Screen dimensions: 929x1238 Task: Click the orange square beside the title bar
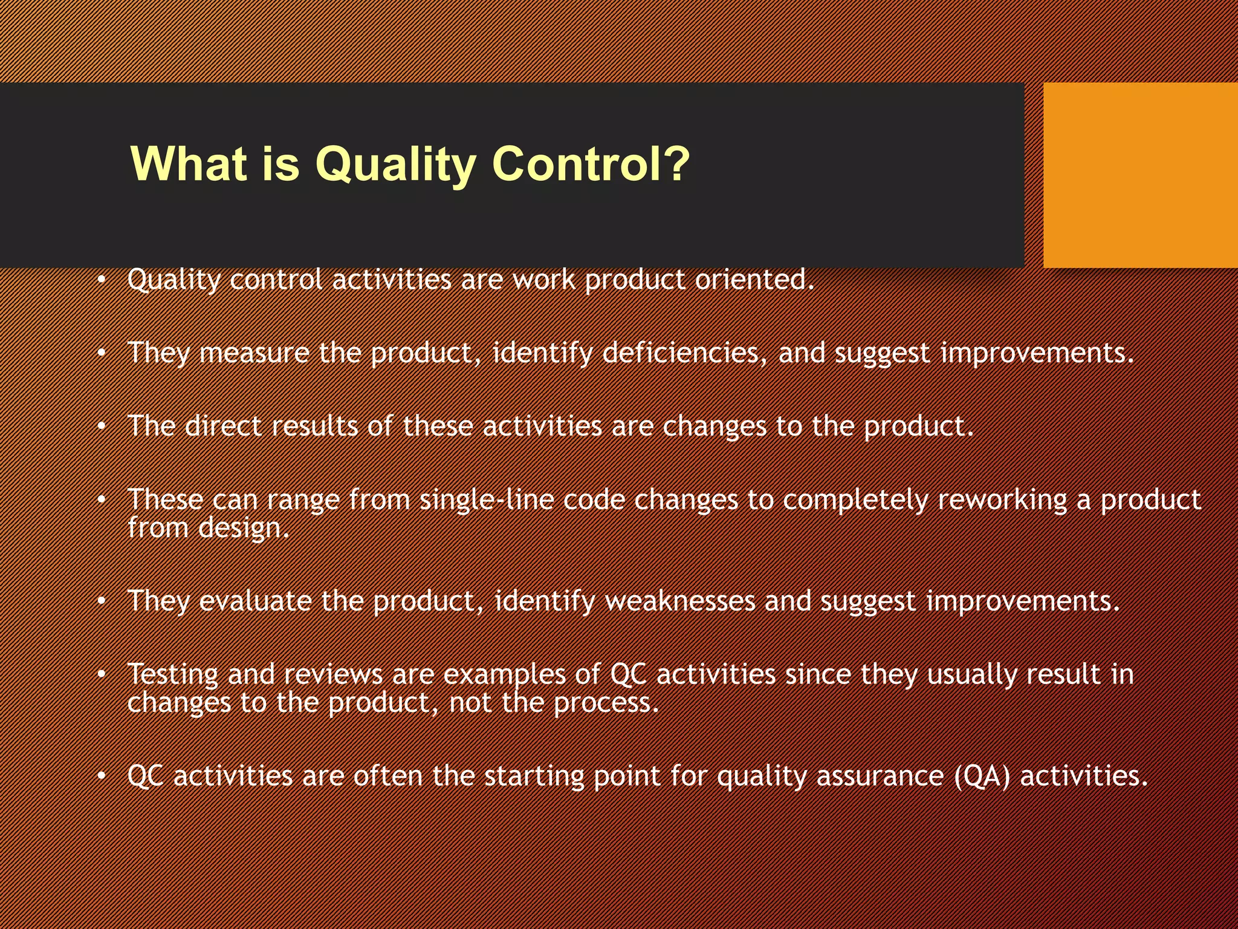(x=1140, y=175)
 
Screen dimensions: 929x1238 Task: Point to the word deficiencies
(x=685, y=353)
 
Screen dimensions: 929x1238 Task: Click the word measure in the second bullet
(x=254, y=353)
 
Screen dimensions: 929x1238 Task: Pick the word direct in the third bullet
(x=223, y=426)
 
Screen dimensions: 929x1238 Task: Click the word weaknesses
(x=680, y=601)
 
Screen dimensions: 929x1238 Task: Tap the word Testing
(x=173, y=675)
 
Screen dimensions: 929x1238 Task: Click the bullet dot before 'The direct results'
(x=102, y=427)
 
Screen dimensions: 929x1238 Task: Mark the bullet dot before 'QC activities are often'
(x=102, y=777)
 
